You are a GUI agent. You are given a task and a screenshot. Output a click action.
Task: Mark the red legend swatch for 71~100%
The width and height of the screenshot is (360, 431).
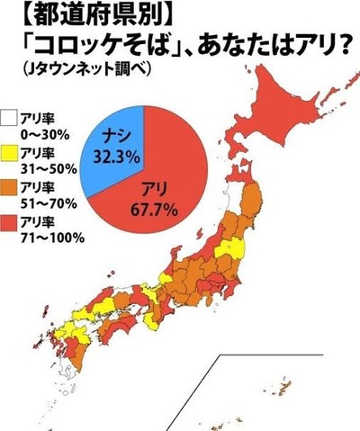click(9, 224)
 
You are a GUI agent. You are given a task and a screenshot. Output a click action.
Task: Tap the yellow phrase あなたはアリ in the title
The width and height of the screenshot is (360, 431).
click(270, 43)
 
